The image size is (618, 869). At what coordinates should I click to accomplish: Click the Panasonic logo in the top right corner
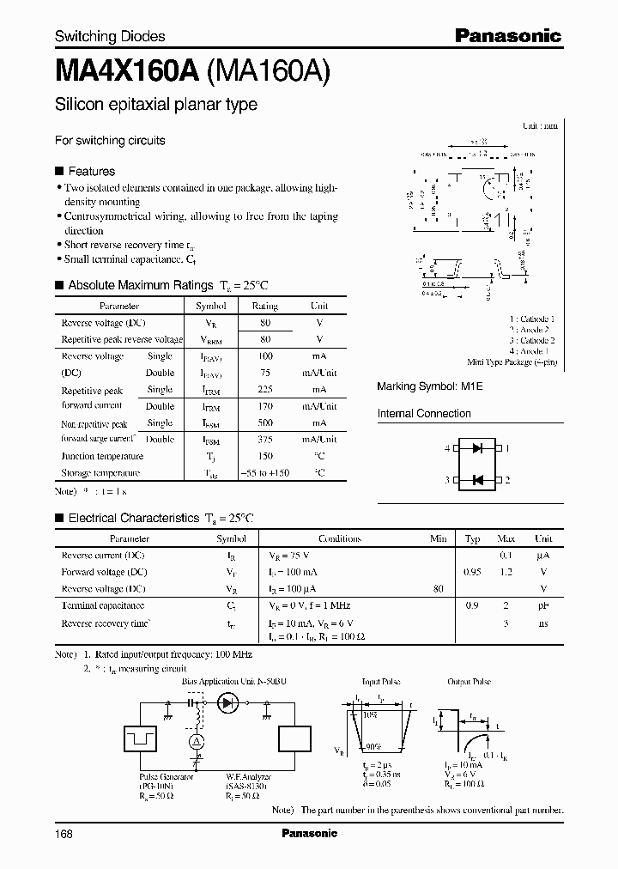507,35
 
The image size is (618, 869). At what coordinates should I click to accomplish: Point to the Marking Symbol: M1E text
430,387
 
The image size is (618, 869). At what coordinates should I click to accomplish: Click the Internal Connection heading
424,413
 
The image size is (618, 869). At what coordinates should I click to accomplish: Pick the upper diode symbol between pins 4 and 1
476,448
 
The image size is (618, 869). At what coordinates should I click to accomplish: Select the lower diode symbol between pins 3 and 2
476,479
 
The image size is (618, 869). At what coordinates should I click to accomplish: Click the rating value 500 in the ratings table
265,422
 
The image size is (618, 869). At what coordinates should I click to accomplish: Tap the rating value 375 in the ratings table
265,440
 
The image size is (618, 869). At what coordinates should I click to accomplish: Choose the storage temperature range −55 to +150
264,473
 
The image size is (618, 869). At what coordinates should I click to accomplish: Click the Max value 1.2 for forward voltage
506,572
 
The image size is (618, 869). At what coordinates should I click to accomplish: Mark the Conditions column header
340,538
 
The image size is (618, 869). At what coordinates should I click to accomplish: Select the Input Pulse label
381,681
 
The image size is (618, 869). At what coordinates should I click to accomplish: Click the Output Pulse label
469,681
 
